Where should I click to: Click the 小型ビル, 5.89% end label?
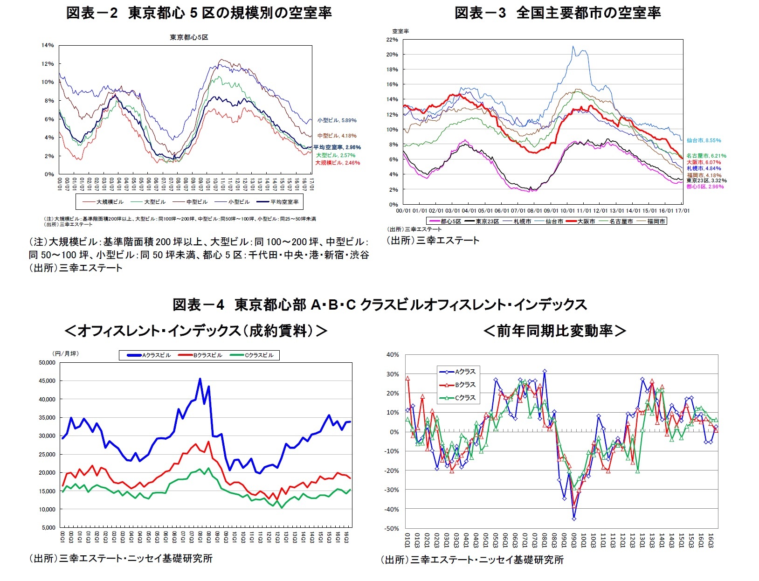point(337,120)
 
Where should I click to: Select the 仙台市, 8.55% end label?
point(704,140)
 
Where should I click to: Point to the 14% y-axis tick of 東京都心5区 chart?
point(48,45)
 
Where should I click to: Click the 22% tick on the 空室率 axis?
point(392,40)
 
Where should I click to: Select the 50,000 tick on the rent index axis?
point(47,363)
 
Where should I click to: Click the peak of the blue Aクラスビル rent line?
point(200,379)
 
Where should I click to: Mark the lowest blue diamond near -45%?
point(574,519)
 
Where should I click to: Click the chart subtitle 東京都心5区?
point(189,37)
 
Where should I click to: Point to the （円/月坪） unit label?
point(67,353)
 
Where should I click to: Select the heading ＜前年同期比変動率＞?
point(554,331)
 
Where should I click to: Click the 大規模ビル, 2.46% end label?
point(338,163)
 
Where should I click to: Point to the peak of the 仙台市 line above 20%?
point(573,46)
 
